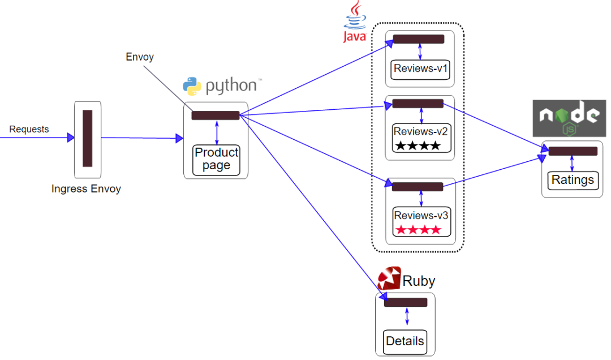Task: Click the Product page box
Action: point(216,159)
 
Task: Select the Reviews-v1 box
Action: point(420,69)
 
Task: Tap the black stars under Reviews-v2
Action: point(418,146)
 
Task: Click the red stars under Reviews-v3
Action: point(418,230)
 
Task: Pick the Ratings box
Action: point(573,180)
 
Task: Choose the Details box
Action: point(405,341)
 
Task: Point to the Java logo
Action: point(355,22)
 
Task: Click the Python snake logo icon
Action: point(192,86)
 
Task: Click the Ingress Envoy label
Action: point(86,188)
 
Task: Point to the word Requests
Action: point(29,129)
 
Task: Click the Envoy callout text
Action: point(139,57)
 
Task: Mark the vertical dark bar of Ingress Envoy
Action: point(87,138)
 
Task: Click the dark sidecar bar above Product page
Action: point(216,115)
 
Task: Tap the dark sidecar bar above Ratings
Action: point(573,151)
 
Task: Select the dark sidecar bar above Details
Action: point(405,302)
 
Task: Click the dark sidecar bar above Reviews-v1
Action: point(419,39)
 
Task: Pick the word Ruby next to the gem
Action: point(419,281)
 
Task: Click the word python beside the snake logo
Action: point(231,86)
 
